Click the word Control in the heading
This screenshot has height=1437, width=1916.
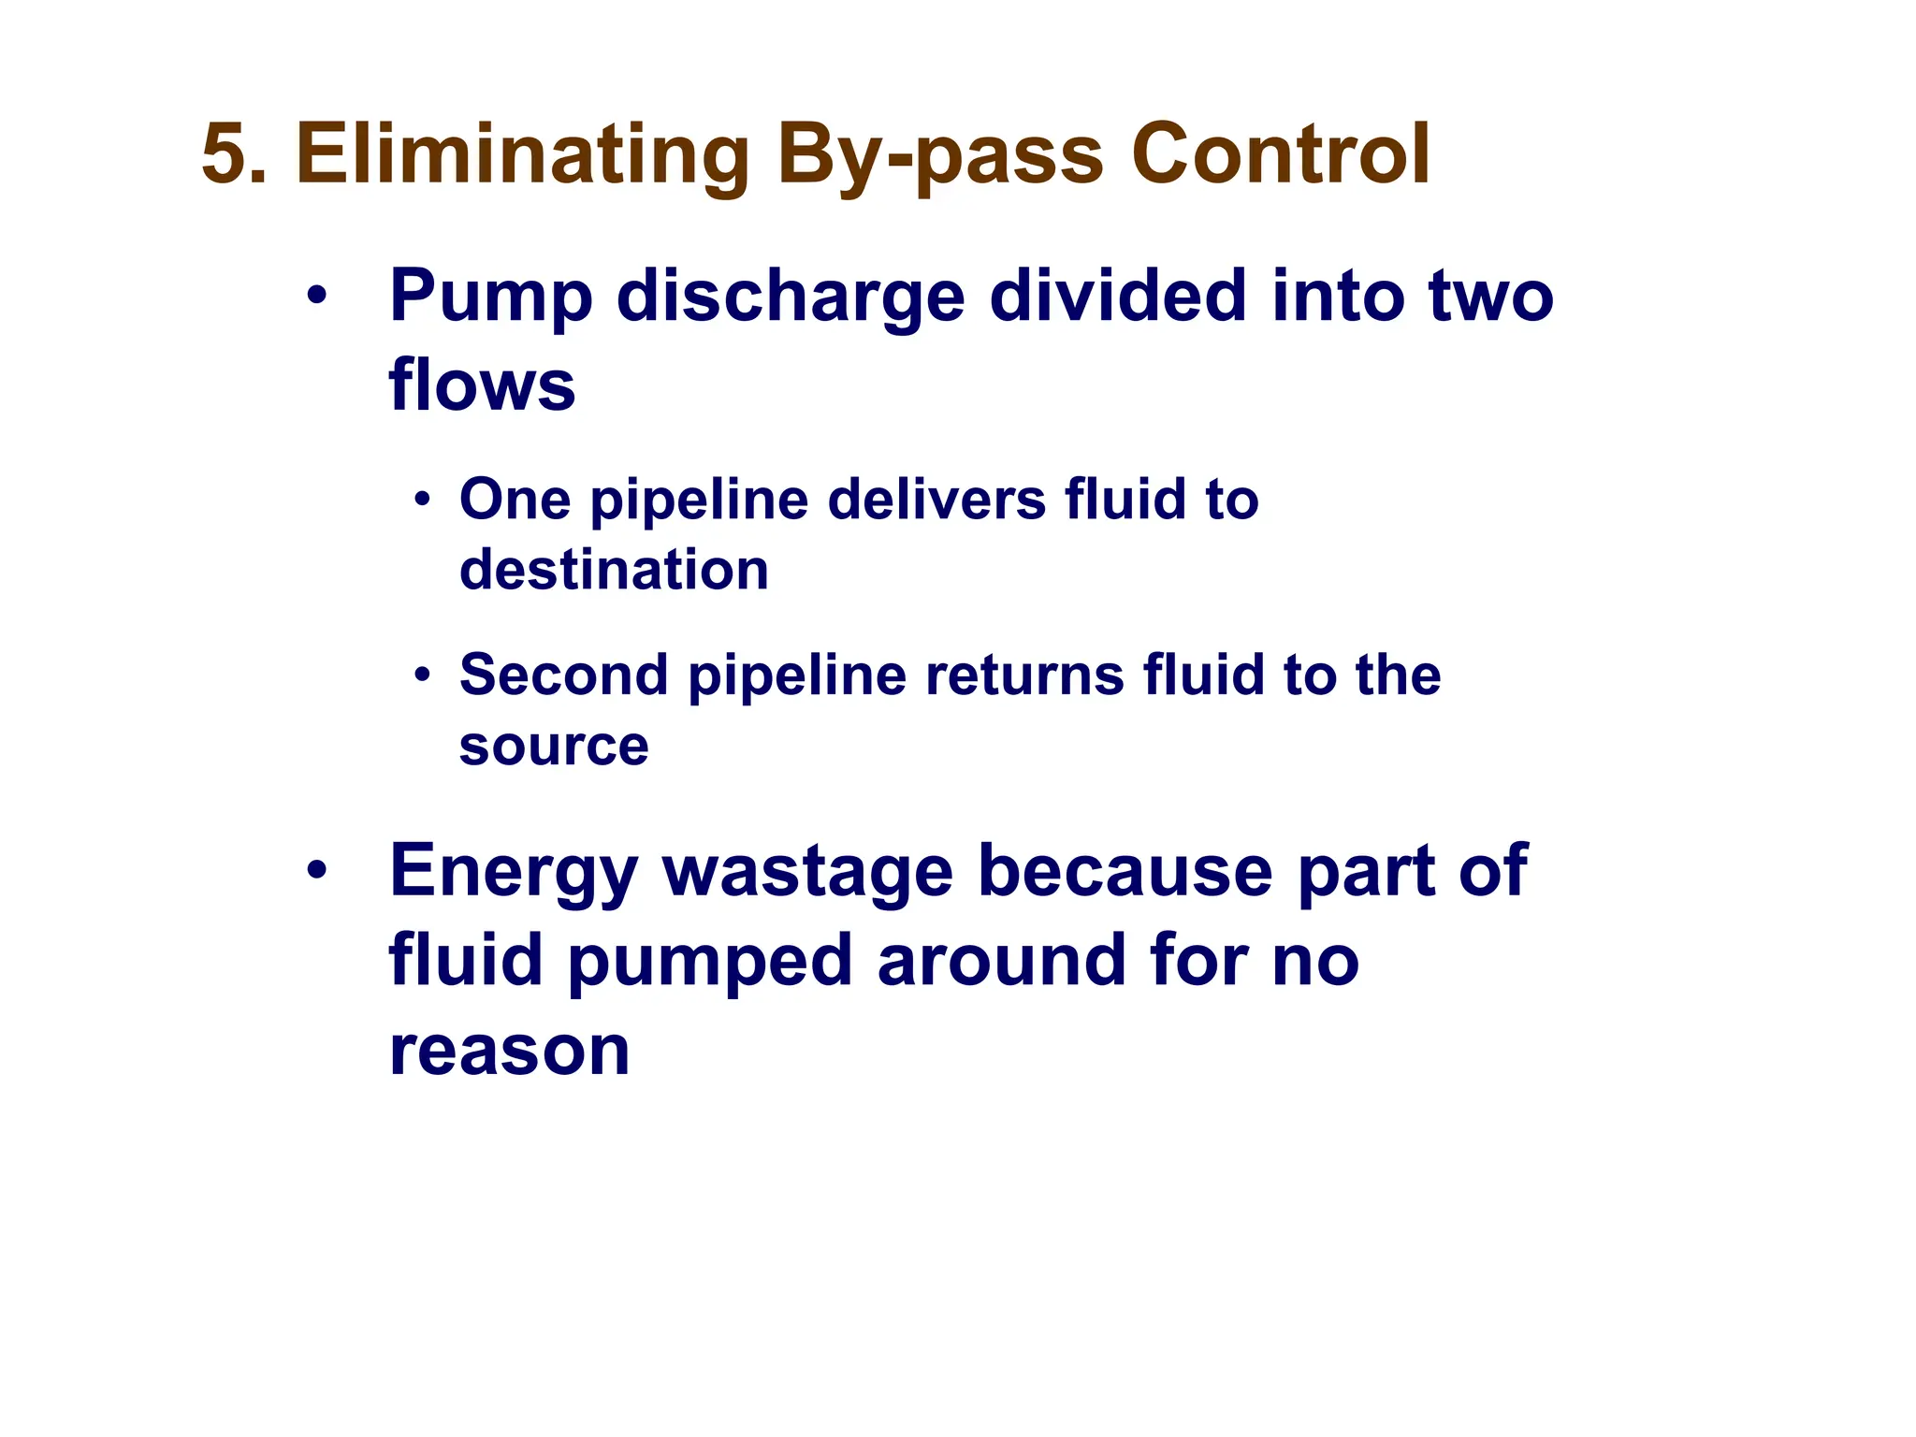point(1280,154)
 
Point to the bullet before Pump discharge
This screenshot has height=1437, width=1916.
point(317,298)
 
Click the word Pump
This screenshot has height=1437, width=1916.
point(491,298)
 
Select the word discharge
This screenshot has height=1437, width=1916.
point(791,298)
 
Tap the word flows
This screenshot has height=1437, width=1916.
point(482,385)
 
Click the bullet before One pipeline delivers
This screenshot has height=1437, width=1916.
point(423,500)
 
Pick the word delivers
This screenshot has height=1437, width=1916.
point(936,500)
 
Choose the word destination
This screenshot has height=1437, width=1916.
point(614,570)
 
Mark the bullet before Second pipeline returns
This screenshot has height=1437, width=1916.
point(423,675)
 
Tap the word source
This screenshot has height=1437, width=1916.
point(554,746)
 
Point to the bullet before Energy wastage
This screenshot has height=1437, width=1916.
point(317,871)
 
